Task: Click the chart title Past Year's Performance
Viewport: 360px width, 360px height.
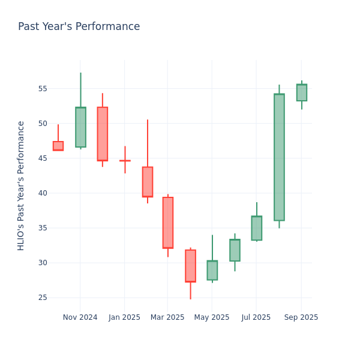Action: point(79,27)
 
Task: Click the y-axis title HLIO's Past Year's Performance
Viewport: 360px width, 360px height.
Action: point(21,185)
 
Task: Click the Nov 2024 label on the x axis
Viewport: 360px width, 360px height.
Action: point(80,317)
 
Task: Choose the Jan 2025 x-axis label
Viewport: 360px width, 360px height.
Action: point(124,317)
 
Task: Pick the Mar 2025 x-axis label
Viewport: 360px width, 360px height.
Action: point(167,317)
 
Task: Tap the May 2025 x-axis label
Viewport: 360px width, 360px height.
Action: point(212,317)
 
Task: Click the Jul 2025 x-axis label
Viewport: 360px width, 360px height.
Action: point(256,317)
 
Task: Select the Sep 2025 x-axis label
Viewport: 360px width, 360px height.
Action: point(301,317)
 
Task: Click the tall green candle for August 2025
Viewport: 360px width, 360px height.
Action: point(279,157)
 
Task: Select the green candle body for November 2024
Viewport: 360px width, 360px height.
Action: point(80,127)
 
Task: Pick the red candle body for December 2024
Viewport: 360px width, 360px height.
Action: point(103,134)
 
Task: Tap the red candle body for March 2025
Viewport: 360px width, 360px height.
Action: point(168,223)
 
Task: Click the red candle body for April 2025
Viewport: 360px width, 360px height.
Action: point(190,266)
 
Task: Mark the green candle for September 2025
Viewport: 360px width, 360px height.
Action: point(301,92)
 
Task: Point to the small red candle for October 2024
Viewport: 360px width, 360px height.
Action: point(58,146)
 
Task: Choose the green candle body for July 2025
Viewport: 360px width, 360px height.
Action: point(257,228)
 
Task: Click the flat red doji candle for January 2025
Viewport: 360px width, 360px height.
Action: point(125,161)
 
